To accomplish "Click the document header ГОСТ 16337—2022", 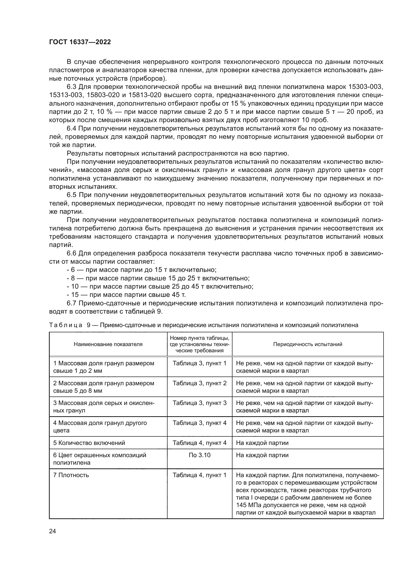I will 80,42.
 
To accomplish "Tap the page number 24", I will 52,531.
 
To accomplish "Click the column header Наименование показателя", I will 108,344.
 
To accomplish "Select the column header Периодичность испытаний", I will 307,344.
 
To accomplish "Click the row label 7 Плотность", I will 71,475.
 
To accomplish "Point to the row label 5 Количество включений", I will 89,443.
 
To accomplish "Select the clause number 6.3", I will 71,87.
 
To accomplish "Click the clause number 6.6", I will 71,253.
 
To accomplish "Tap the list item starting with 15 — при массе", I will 126,295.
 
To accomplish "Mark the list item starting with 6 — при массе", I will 141,270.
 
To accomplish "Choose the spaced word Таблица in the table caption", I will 66,325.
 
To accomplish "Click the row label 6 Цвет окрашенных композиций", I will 100,455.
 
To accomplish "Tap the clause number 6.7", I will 71,303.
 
